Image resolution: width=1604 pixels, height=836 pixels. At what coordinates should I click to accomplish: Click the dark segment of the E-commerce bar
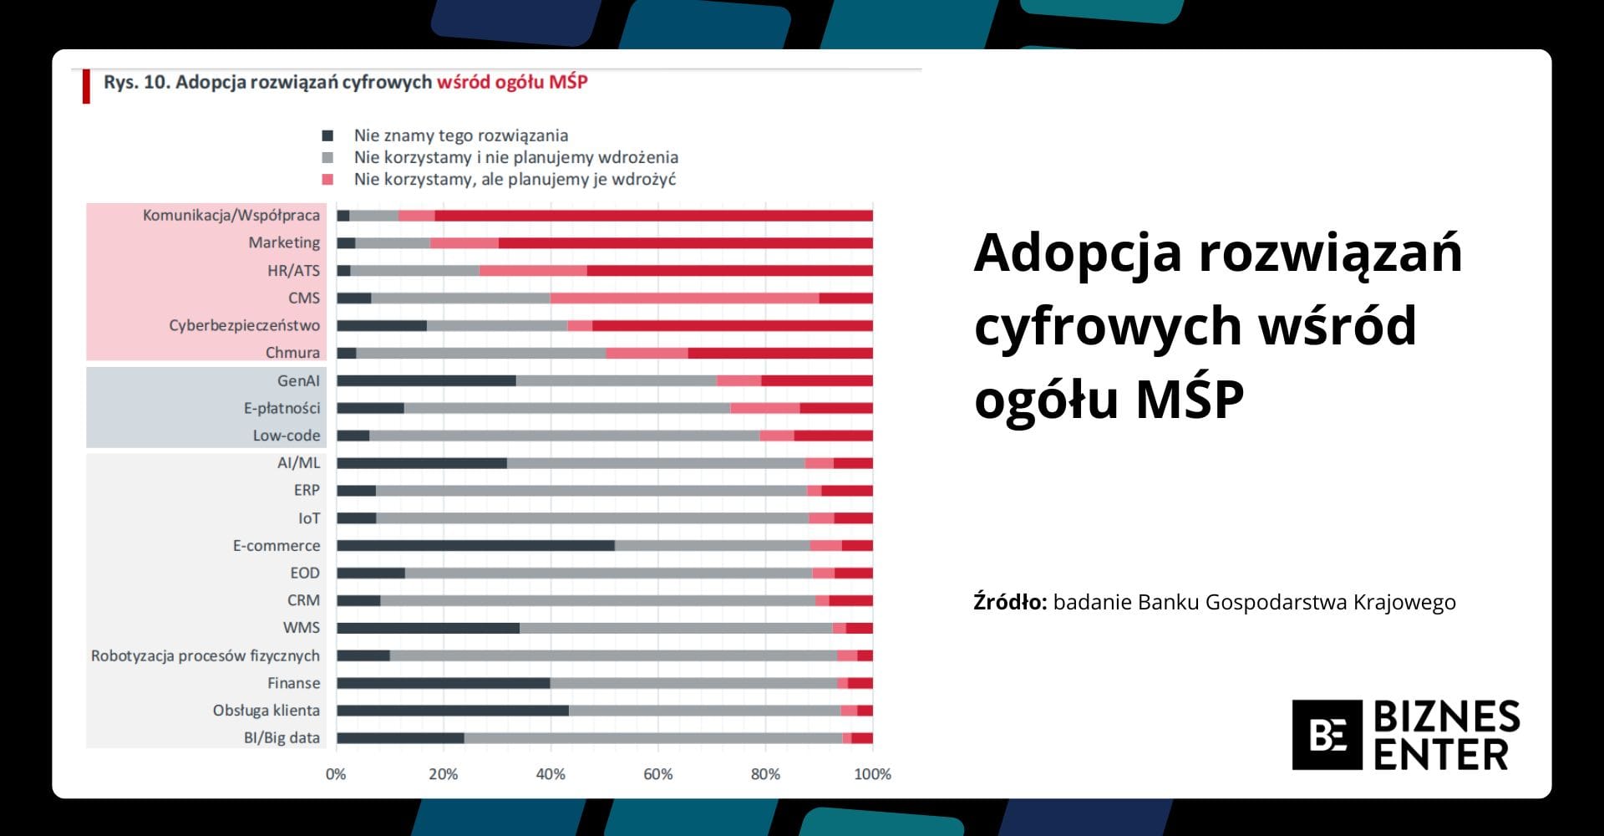pos(475,546)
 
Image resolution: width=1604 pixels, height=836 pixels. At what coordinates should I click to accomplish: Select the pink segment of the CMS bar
pos(684,298)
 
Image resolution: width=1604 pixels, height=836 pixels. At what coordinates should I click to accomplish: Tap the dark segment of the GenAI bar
pos(426,381)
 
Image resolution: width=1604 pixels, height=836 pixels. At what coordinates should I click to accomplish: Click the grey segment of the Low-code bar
pos(564,436)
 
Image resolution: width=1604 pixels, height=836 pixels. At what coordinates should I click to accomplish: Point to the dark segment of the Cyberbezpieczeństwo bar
pos(382,326)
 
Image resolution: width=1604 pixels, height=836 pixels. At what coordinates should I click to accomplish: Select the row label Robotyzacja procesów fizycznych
pos(206,655)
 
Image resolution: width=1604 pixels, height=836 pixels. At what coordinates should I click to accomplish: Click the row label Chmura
pos(292,353)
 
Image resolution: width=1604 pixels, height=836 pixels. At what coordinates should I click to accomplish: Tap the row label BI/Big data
pos(282,737)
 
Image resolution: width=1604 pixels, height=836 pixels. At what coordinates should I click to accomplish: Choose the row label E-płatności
pos(282,408)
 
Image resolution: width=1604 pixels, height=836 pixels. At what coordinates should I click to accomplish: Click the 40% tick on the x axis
pos(551,774)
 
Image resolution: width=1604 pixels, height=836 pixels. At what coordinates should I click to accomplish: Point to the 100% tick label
pos(872,774)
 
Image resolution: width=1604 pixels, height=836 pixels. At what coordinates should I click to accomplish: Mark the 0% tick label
pos(336,774)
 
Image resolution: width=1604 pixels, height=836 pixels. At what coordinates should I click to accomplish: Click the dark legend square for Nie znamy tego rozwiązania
pos(327,135)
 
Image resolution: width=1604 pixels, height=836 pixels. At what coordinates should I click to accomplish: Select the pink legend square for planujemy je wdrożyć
pos(327,179)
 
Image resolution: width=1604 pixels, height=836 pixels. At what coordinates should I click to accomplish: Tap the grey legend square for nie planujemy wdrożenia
pos(327,157)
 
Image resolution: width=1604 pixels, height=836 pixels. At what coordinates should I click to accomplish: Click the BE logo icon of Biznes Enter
pos(1327,735)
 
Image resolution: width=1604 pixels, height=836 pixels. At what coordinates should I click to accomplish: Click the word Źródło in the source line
pos(1009,602)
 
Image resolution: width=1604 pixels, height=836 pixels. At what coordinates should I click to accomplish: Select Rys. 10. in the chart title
pos(136,82)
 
